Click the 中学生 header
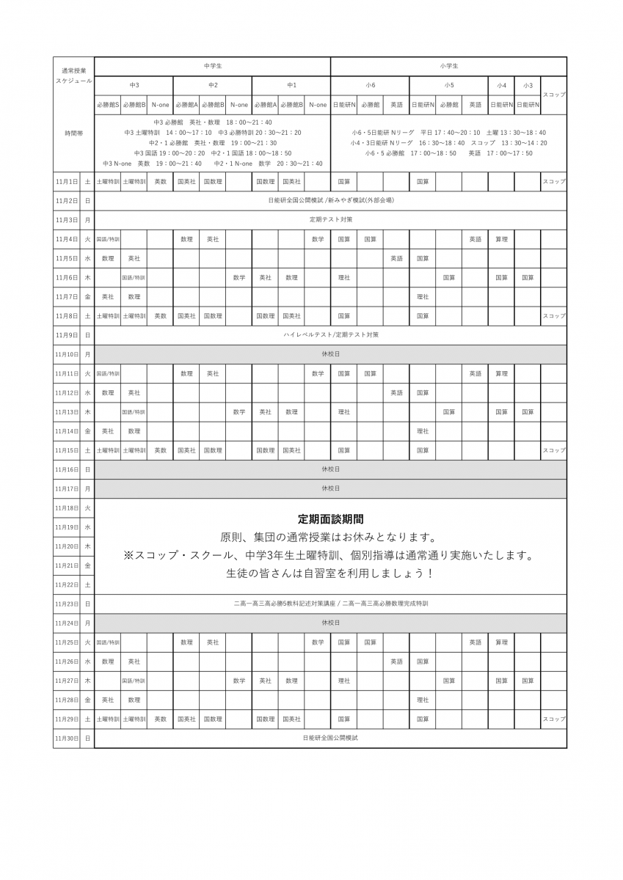(x=213, y=66)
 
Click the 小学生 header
(x=449, y=66)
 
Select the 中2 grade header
(x=213, y=86)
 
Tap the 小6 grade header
(x=371, y=86)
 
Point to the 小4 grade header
(x=501, y=86)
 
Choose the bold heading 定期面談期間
(x=331, y=518)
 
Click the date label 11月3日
(x=66, y=219)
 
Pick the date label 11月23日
(x=66, y=604)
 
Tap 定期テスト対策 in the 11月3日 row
(x=331, y=219)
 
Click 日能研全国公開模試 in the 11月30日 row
(x=331, y=738)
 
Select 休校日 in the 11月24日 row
(x=331, y=623)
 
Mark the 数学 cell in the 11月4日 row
(x=318, y=239)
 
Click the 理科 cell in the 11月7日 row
(x=423, y=296)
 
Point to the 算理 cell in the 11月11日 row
(x=501, y=373)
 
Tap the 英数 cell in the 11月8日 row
(x=160, y=315)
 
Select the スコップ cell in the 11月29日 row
(x=554, y=719)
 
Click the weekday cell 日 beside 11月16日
(x=87, y=469)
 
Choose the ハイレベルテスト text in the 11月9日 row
(x=307, y=334)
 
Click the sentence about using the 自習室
(x=331, y=573)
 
